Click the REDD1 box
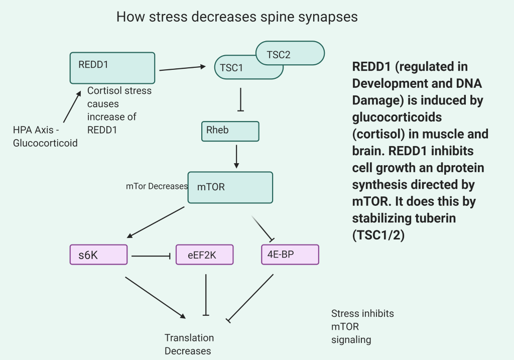tap(112, 68)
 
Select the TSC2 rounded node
tap(296, 53)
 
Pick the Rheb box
tap(230, 131)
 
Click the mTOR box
tap(230, 187)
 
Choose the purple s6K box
tap(98, 255)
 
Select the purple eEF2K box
tap(205, 255)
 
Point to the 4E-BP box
tap(290, 255)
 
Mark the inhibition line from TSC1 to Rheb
tap(241, 99)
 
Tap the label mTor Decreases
tap(157, 186)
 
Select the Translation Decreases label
tap(189, 344)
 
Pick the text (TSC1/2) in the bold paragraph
tap(378, 235)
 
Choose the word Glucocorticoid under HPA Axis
tap(45, 143)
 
